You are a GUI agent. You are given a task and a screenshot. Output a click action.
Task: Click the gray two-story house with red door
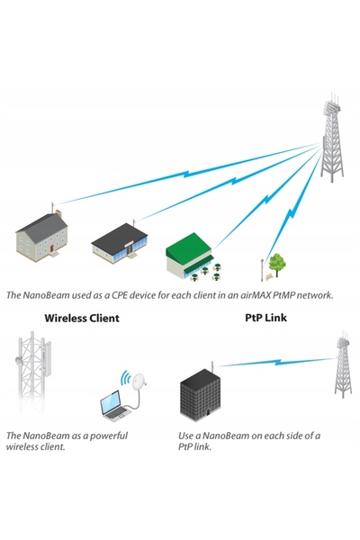point(42,236)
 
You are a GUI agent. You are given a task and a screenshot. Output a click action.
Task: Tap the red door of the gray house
point(51,247)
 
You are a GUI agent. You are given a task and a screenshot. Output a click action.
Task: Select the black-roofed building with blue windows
point(119,243)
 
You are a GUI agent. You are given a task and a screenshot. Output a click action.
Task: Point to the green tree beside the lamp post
point(277,265)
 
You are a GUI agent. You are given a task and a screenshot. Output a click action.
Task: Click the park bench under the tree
point(269,276)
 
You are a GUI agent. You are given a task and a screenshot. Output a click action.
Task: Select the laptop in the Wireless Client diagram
point(114,406)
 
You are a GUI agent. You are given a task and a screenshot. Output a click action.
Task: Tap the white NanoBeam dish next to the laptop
point(139,382)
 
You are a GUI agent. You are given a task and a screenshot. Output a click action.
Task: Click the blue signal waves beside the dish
point(125,378)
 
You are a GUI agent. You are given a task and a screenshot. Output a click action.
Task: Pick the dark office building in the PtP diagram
point(200,395)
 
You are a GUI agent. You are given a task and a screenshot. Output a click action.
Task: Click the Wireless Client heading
point(82,318)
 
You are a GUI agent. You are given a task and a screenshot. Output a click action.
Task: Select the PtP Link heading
point(265,317)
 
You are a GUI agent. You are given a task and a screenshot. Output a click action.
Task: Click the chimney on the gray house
point(58,213)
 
